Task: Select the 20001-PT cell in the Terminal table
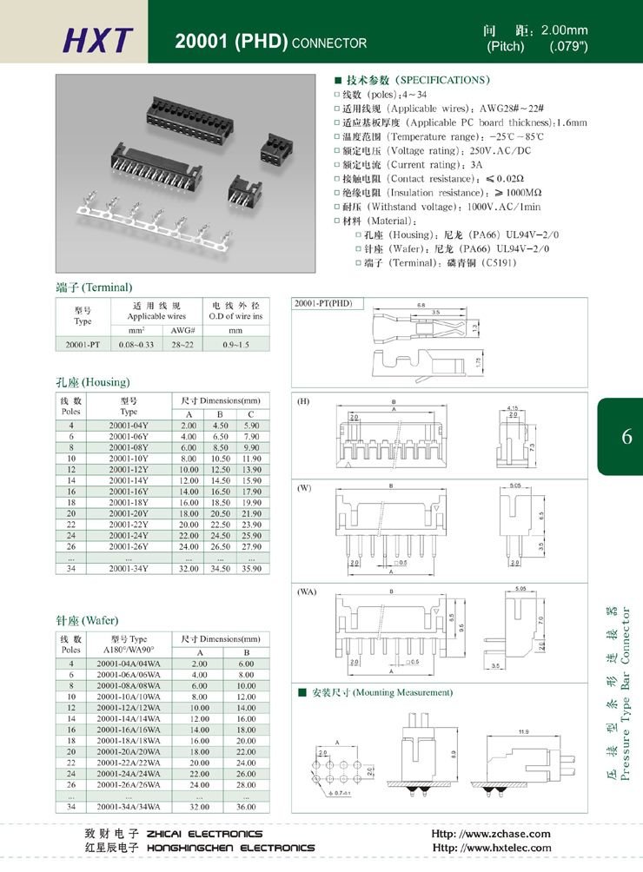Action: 83,345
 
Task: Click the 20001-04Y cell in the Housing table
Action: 129,426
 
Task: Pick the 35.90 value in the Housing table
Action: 251,568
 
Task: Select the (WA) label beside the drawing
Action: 307,591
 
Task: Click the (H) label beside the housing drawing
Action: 303,402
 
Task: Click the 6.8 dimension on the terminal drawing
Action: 421,305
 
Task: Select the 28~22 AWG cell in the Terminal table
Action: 182,345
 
